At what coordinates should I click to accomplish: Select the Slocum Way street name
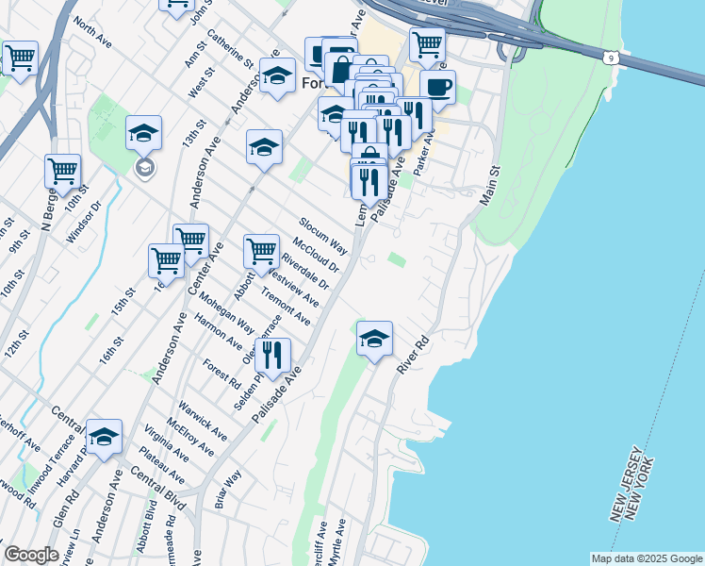[x=323, y=237]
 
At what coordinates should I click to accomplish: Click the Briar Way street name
[x=228, y=491]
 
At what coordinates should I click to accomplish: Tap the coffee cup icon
[x=437, y=87]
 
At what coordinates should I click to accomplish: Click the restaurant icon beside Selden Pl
[x=272, y=355]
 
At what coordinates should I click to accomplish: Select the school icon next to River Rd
[x=374, y=339]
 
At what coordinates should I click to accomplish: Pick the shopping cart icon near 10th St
[x=62, y=172]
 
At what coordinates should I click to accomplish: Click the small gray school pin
[x=144, y=169]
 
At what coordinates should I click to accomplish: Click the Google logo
[x=31, y=555]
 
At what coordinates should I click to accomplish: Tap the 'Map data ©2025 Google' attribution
[x=647, y=558]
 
